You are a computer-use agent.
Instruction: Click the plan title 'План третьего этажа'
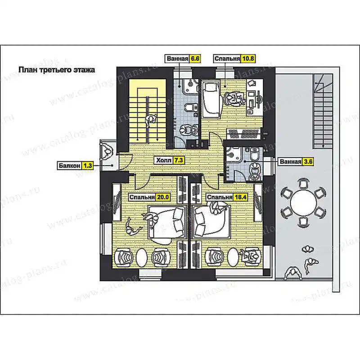[x=57, y=70]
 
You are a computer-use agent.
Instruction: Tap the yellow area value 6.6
[x=195, y=58]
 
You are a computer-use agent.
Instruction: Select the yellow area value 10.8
[x=248, y=58]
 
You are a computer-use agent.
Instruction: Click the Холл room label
[x=164, y=160]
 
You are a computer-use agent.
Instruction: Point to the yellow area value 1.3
[x=87, y=166]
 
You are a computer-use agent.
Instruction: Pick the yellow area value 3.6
[x=308, y=162]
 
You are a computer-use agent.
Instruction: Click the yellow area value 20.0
[x=163, y=197]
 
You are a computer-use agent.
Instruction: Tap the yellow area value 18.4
[x=240, y=197]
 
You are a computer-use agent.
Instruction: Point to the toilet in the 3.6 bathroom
[x=255, y=154]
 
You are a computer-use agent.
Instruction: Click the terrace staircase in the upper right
[x=323, y=111]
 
